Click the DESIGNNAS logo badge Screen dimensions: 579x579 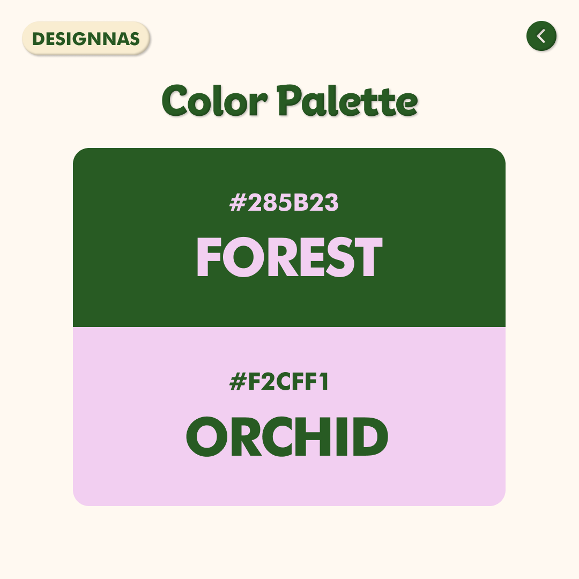[x=86, y=39]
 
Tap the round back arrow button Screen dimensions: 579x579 [x=541, y=36]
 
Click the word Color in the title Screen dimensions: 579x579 [x=214, y=100]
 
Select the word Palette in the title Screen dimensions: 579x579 [x=347, y=100]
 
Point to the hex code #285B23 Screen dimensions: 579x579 [x=284, y=203]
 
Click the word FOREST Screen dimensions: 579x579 [x=289, y=257]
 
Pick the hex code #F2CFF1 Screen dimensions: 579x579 [x=279, y=382]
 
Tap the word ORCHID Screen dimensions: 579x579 [x=287, y=436]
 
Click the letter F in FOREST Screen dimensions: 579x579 [x=209, y=257]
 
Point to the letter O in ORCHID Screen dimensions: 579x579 [x=206, y=436]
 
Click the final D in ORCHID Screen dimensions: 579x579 [x=371, y=436]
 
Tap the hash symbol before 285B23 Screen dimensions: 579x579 [x=238, y=203]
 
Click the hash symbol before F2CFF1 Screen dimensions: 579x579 [x=238, y=382]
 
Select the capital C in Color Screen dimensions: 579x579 [x=175, y=100]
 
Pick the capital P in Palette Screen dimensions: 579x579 [x=290, y=100]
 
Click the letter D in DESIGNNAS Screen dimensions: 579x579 [x=39, y=39]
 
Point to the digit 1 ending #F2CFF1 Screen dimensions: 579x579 [x=324, y=382]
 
